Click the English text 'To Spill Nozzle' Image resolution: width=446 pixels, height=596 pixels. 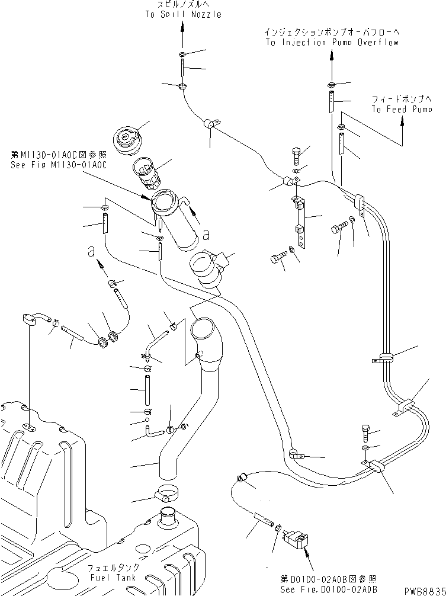[x=182, y=14]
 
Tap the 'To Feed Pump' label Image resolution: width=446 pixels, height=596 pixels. [x=401, y=109]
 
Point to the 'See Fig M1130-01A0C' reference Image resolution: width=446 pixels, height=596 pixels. [x=58, y=165]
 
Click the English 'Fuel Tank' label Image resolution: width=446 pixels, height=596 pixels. [x=113, y=577]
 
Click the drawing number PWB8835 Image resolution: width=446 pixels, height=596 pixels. [x=423, y=590]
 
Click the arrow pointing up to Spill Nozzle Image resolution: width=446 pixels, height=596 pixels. [x=182, y=39]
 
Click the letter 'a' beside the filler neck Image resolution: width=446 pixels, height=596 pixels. [x=206, y=235]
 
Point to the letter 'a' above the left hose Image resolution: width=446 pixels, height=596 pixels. [x=91, y=252]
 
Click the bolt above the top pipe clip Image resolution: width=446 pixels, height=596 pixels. [x=297, y=155]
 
